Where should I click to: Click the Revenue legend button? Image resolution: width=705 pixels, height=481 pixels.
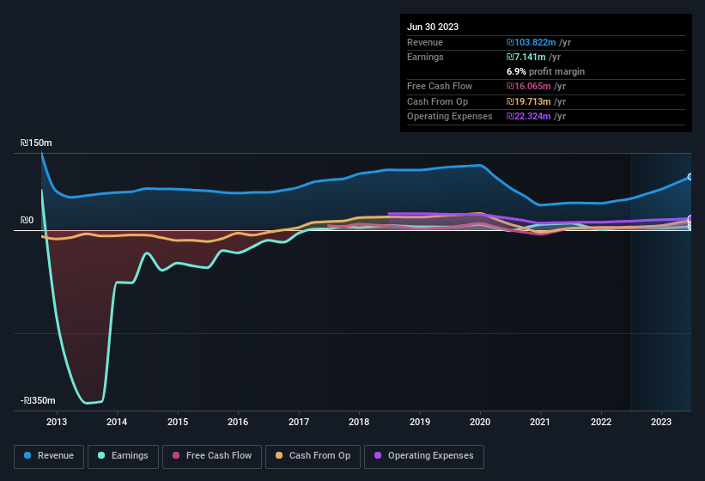point(49,455)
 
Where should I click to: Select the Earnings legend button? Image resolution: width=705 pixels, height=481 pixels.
point(123,455)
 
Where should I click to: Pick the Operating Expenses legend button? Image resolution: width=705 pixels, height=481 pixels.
point(423,455)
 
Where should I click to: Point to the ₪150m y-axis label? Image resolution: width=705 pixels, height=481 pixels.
point(38,143)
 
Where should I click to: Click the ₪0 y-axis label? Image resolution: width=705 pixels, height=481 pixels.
point(27,221)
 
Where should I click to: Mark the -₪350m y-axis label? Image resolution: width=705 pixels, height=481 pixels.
point(38,401)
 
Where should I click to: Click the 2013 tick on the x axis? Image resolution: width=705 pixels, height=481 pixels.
point(57,422)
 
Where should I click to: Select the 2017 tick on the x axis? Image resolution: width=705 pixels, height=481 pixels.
point(299,422)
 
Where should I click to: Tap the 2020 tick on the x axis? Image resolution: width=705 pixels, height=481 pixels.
point(480,422)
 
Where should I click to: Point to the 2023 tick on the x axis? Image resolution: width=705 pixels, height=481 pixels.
point(661,422)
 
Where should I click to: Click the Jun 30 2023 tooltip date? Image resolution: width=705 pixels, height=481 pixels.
point(433,27)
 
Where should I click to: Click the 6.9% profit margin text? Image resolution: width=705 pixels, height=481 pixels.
point(546,71)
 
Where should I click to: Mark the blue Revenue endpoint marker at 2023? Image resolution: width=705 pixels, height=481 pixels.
point(690,177)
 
